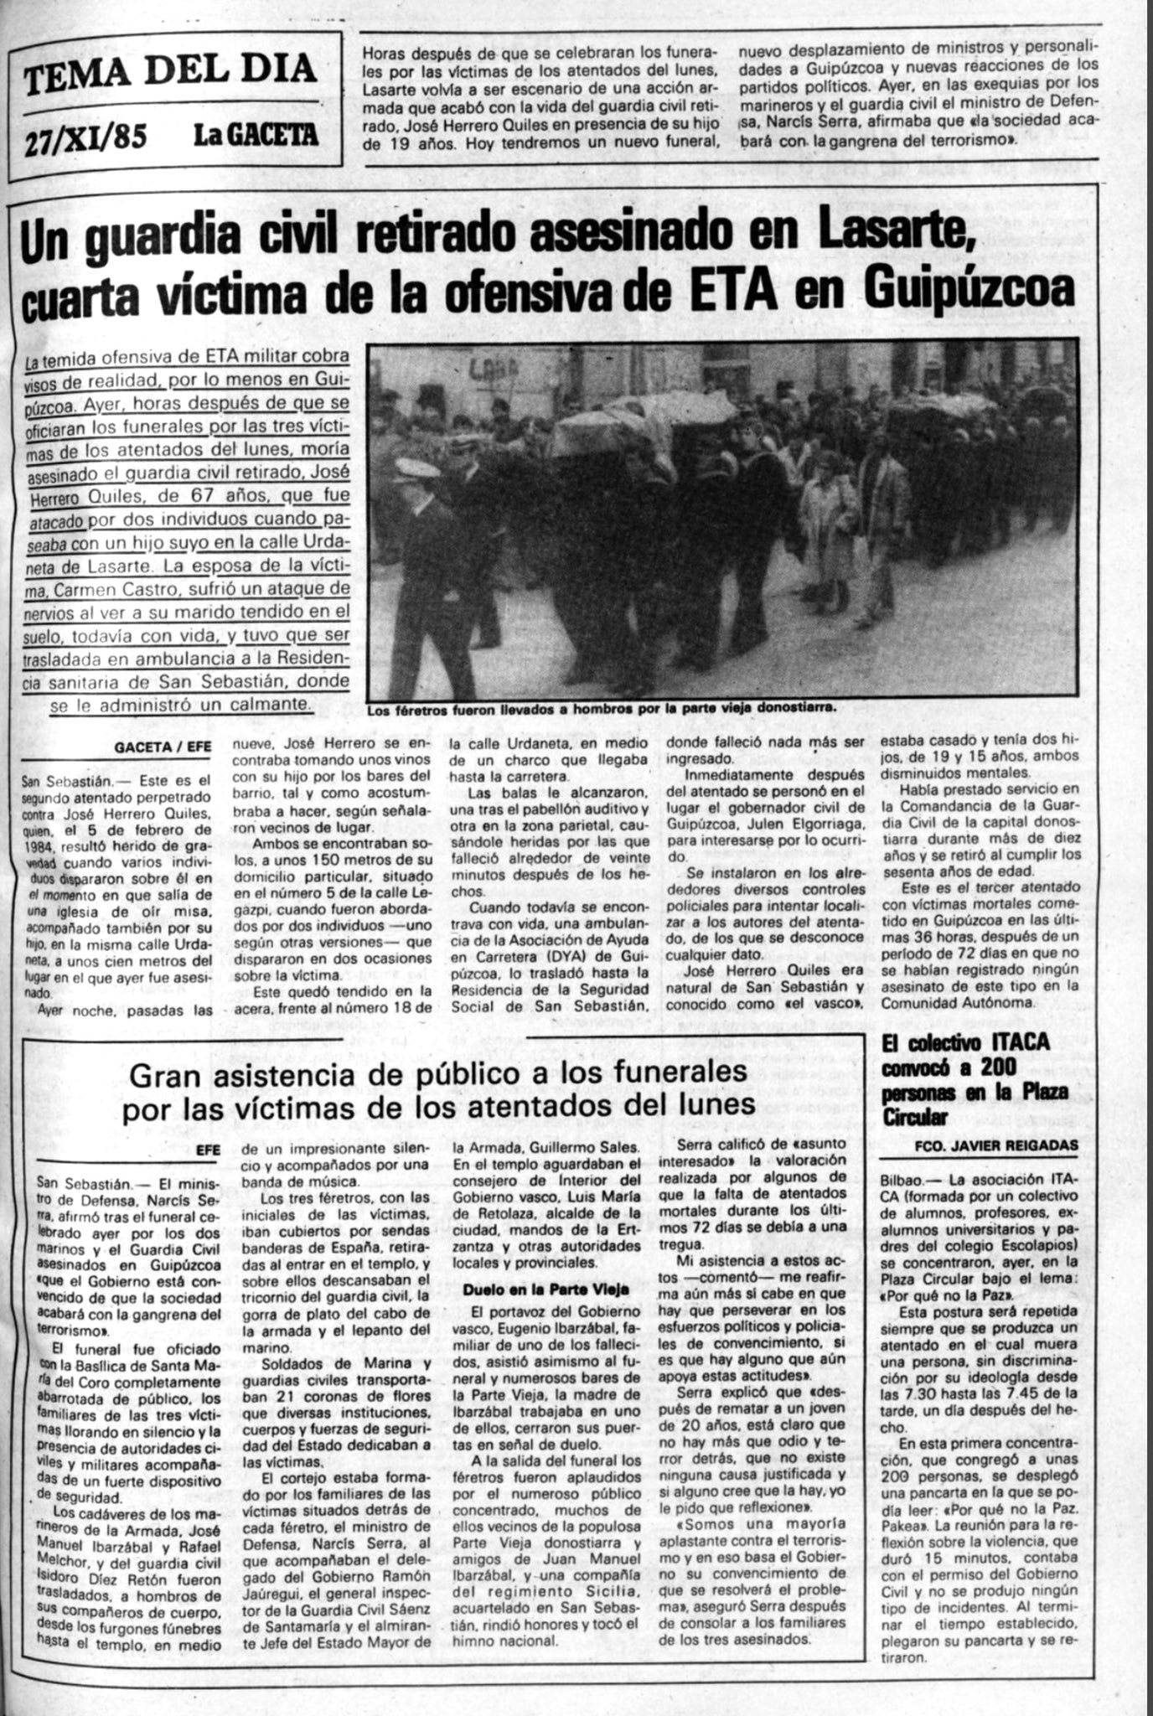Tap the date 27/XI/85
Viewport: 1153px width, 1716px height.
coord(85,135)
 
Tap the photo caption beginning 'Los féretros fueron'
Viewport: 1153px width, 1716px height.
coord(601,707)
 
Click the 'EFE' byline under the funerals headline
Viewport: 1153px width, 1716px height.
coord(207,1150)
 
